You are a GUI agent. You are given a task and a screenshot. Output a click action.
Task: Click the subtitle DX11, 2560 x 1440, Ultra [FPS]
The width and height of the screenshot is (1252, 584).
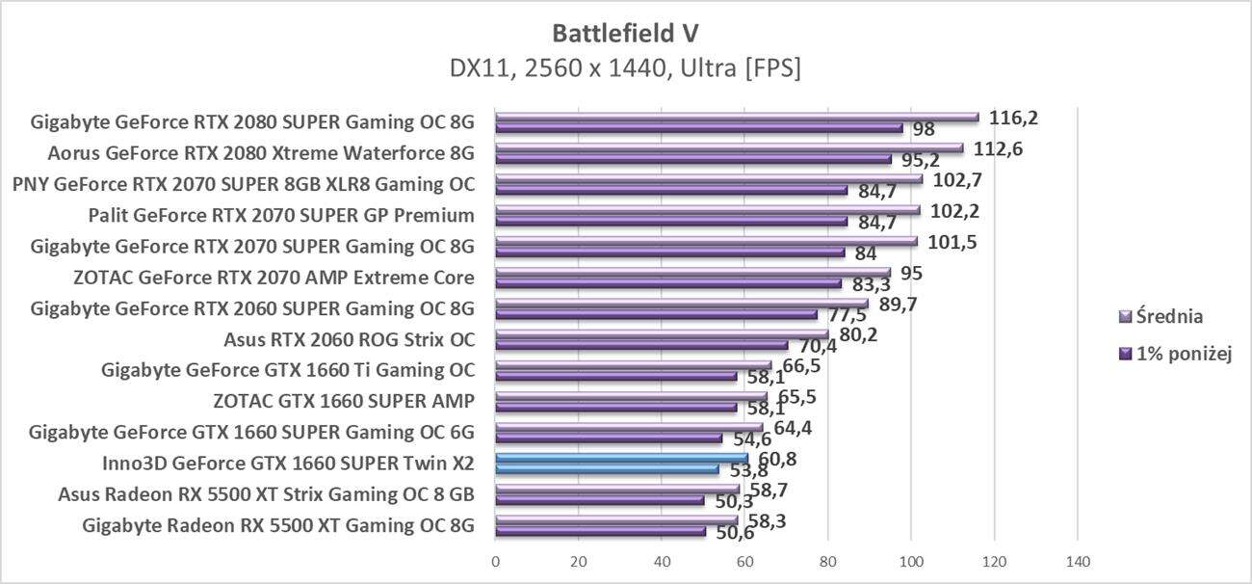625,68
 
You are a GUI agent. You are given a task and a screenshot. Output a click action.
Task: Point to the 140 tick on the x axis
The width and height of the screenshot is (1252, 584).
1077,561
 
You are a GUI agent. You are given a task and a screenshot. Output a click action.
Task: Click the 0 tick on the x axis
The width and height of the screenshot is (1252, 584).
496,561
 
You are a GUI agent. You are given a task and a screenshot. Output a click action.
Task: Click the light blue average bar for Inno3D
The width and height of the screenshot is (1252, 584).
621,458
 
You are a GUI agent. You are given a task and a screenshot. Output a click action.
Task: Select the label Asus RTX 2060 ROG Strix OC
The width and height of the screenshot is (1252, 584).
349,339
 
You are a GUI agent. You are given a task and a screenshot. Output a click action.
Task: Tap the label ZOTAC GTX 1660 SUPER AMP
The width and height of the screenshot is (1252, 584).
344,401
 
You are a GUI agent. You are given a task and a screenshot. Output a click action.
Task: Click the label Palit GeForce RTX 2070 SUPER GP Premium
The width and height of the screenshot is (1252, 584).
280,215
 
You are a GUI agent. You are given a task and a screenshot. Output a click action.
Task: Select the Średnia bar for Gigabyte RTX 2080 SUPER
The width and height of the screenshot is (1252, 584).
737,117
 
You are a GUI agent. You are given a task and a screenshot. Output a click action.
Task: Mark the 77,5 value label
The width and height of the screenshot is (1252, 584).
846,316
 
